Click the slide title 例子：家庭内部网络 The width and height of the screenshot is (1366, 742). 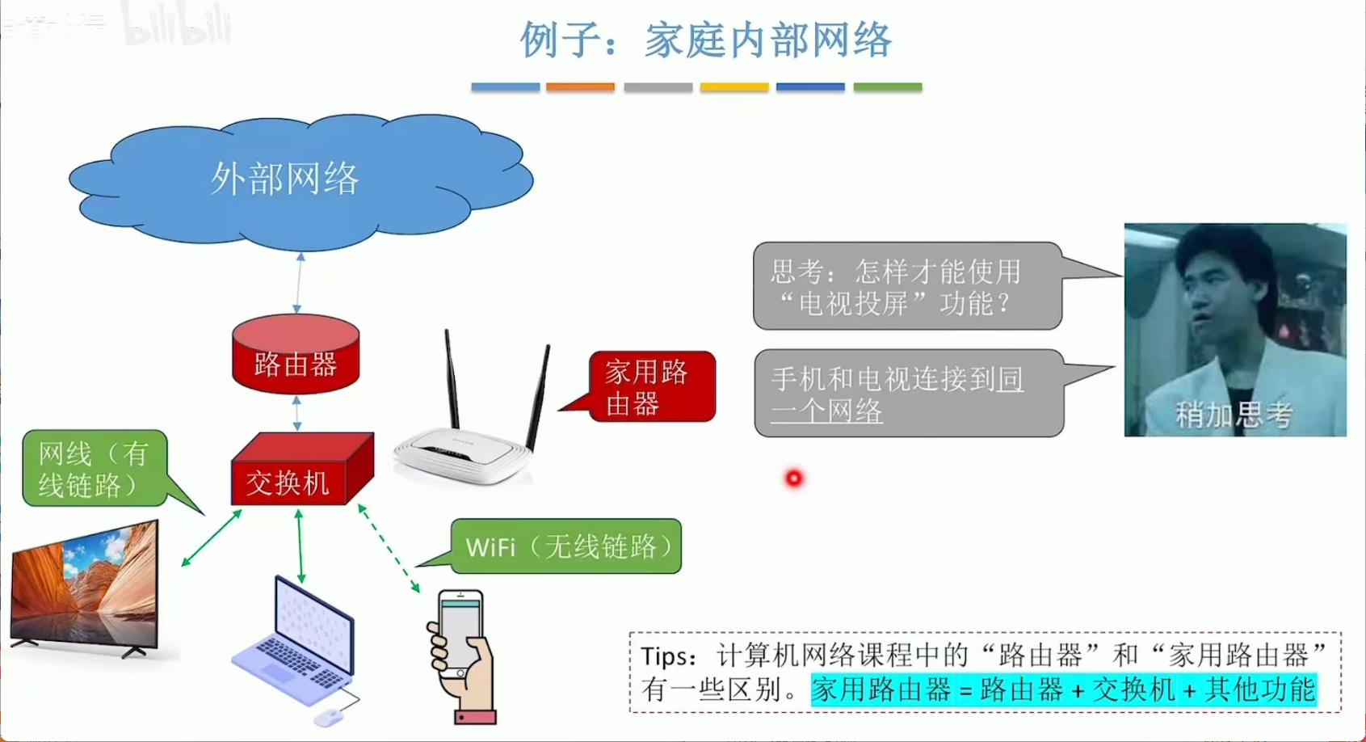(x=705, y=40)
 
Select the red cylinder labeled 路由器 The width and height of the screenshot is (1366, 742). (x=296, y=356)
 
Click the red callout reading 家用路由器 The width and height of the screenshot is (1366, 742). (x=650, y=387)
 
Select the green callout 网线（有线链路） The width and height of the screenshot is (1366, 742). (x=95, y=469)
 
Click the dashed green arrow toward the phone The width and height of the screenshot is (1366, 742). (x=389, y=548)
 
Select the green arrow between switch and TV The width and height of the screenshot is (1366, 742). (x=212, y=538)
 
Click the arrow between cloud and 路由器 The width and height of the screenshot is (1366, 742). (x=299, y=282)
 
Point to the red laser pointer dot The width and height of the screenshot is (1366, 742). (x=794, y=479)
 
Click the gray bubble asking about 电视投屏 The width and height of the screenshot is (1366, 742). (x=906, y=287)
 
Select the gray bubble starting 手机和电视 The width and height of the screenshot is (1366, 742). (x=908, y=394)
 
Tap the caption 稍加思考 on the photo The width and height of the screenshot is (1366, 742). (x=1233, y=415)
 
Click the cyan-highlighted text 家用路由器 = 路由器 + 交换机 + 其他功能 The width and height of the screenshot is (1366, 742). (x=1064, y=689)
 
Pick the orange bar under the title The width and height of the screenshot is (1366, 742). (x=580, y=86)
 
